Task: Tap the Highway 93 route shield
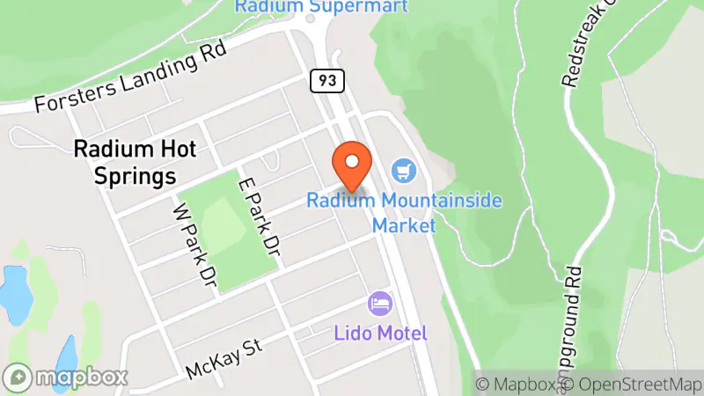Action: (326, 81)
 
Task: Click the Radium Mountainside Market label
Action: (404, 212)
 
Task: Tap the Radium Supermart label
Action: (321, 7)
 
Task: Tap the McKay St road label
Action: (225, 361)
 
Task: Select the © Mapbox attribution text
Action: (518, 385)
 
